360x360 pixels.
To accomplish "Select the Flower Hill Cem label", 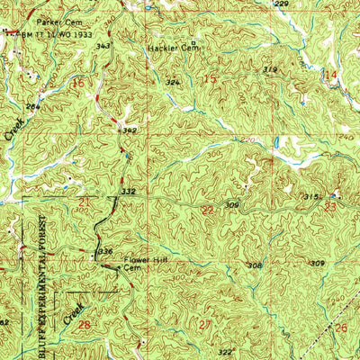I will (139, 267).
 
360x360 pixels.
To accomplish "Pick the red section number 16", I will (78, 82).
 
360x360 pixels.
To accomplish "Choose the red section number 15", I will (211, 81).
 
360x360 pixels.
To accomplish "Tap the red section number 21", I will (84, 202).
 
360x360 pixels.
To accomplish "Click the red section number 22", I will (208, 210).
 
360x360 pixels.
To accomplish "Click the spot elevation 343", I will (104, 45).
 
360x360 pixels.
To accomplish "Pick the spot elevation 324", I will (173, 82).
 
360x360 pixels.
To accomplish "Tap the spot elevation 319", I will (269, 69).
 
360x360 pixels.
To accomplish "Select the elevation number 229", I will (281, 4).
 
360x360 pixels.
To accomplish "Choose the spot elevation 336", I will (104, 251).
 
